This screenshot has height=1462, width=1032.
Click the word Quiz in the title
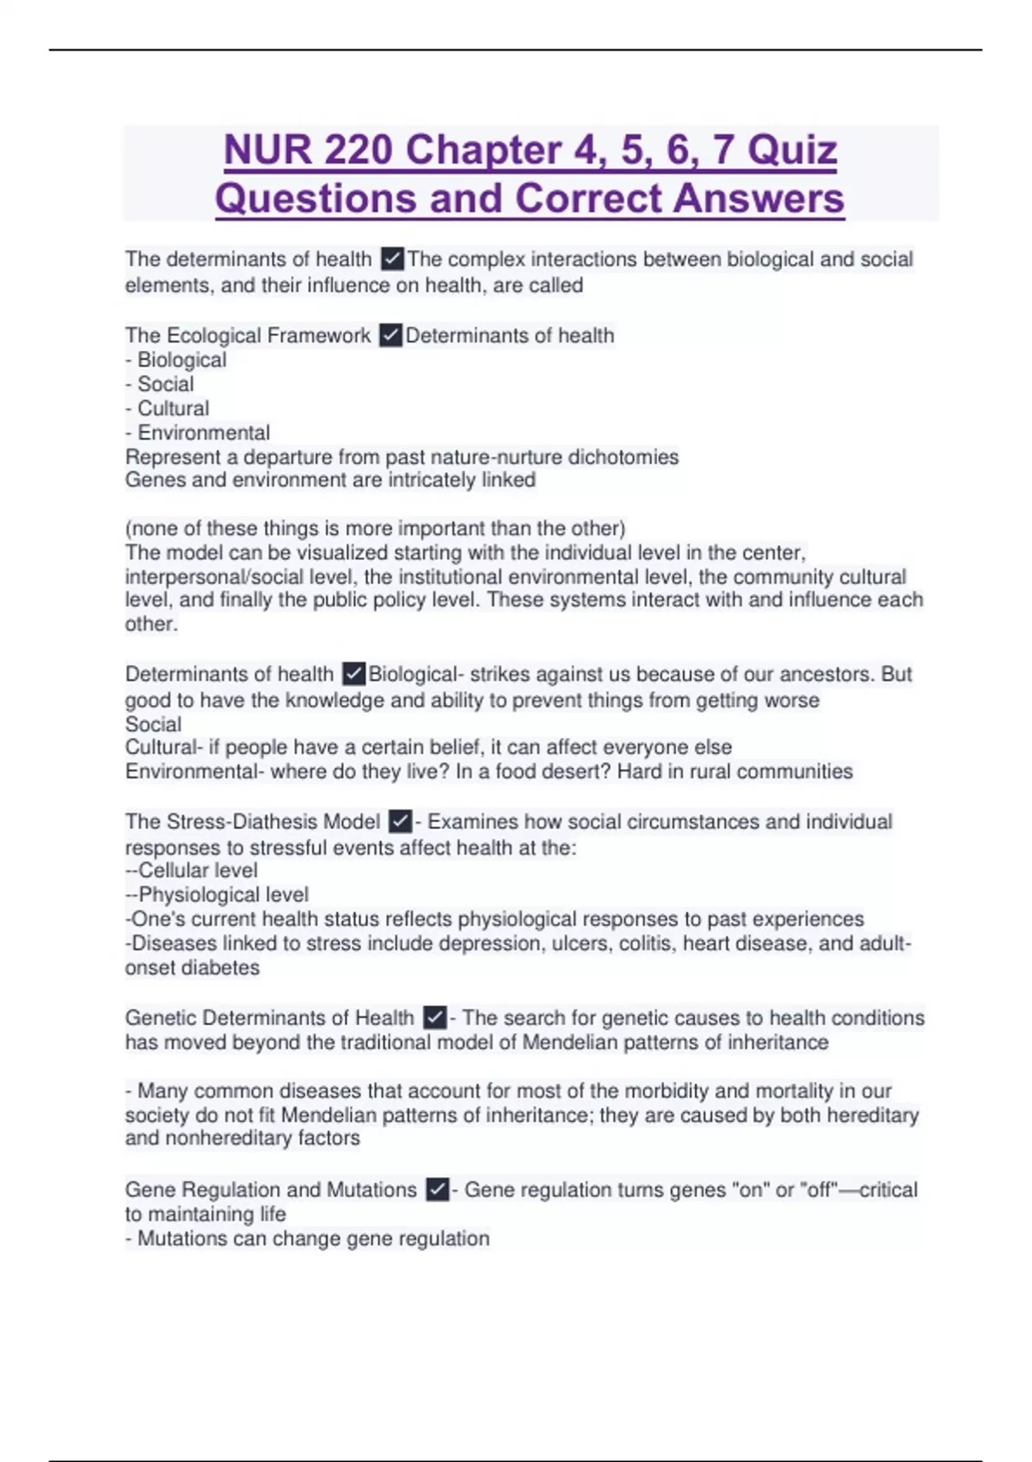pyautogui.click(x=792, y=150)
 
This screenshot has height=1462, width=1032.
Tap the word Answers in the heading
pyautogui.click(x=759, y=199)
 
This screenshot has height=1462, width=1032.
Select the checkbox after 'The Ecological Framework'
pyautogui.click(x=390, y=335)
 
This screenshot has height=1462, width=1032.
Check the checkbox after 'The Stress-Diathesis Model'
pyautogui.click(x=400, y=822)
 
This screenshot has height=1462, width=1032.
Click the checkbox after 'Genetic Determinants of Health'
pyautogui.click(x=435, y=1018)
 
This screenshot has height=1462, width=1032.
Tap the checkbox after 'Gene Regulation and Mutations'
pyautogui.click(x=437, y=1190)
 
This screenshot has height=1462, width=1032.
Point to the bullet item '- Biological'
pyautogui.click(x=176, y=360)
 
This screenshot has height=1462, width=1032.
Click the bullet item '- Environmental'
pyautogui.click(x=198, y=433)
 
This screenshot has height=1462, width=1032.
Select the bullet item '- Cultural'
pyautogui.click(x=168, y=408)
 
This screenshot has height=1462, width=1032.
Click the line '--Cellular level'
pyautogui.click(x=191, y=870)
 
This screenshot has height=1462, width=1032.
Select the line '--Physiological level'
pyautogui.click(x=217, y=894)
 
